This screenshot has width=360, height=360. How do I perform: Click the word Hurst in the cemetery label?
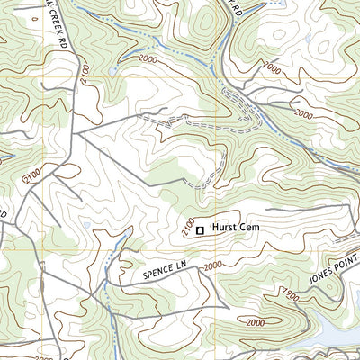(225, 229)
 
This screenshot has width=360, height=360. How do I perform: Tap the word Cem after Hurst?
(249, 229)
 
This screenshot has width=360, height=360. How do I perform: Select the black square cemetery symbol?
(200, 230)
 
